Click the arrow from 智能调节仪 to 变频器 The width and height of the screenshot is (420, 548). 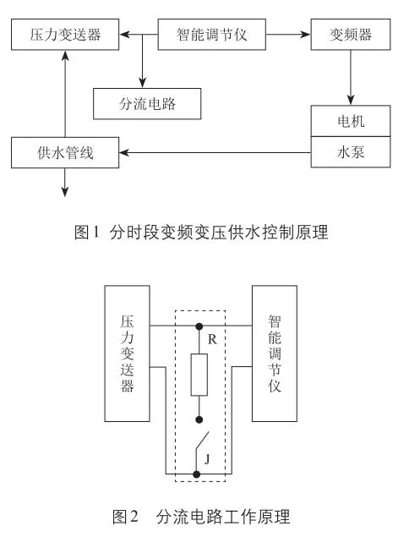[x=288, y=34]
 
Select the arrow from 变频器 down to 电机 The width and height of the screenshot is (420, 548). [x=351, y=78]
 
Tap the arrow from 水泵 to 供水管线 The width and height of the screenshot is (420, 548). [x=215, y=152]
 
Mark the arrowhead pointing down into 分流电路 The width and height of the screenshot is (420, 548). [x=142, y=83]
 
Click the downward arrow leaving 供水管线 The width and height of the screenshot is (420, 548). [x=65, y=183]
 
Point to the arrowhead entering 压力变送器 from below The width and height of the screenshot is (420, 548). [x=65, y=55]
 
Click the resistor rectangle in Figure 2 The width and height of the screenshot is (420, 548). [x=199, y=375]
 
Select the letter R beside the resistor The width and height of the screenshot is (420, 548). [x=212, y=339]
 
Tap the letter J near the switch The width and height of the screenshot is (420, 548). [x=207, y=458]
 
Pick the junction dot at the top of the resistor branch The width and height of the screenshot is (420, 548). [x=199, y=326]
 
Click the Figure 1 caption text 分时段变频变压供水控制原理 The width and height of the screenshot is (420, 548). [x=219, y=232]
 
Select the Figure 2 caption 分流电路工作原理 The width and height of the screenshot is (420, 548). [x=223, y=517]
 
